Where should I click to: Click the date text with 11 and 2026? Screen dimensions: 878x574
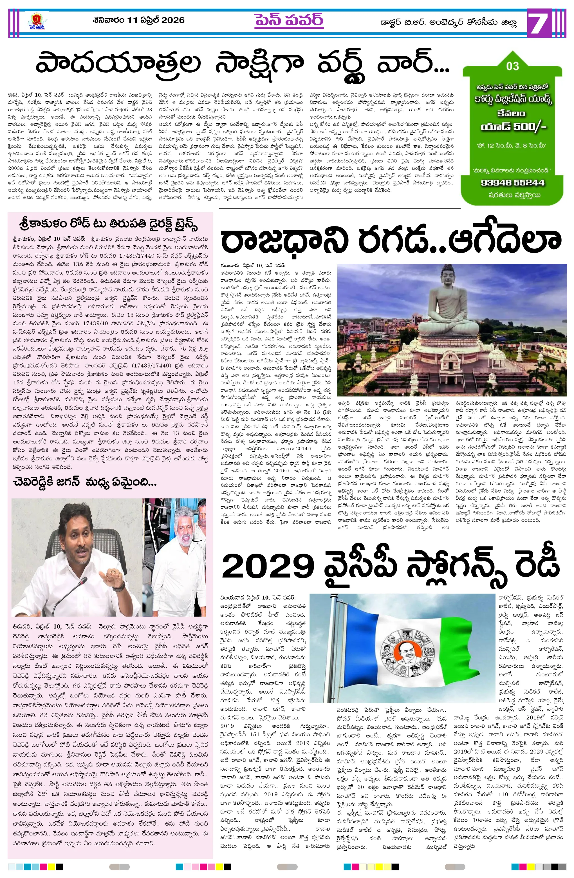click(139, 20)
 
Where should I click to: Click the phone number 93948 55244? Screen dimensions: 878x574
click(512, 182)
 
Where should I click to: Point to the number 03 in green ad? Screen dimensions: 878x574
click(512, 66)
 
